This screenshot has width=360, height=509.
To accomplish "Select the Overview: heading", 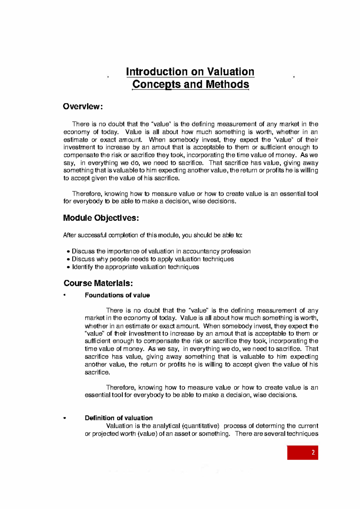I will click(x=83, y=107).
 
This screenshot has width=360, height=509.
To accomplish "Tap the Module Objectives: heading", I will click(x=101, y=218).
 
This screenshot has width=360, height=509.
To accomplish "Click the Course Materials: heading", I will click(x=98, y=283).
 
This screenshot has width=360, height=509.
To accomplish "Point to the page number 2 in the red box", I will click(x=313, y=453).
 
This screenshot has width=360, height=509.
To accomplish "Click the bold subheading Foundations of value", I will click(x=117, y=295).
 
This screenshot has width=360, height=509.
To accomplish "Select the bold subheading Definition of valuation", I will click(x=118, y=418).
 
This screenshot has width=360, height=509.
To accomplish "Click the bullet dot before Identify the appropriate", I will click(x=68, y=267).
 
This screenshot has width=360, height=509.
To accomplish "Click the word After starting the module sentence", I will click(x=70, y=235).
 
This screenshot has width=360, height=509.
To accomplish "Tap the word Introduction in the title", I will click(x=157, y=72).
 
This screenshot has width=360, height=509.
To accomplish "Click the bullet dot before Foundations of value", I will click(x=64, y=295).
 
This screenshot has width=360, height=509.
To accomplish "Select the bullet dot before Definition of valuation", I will click(x=64, y=418).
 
